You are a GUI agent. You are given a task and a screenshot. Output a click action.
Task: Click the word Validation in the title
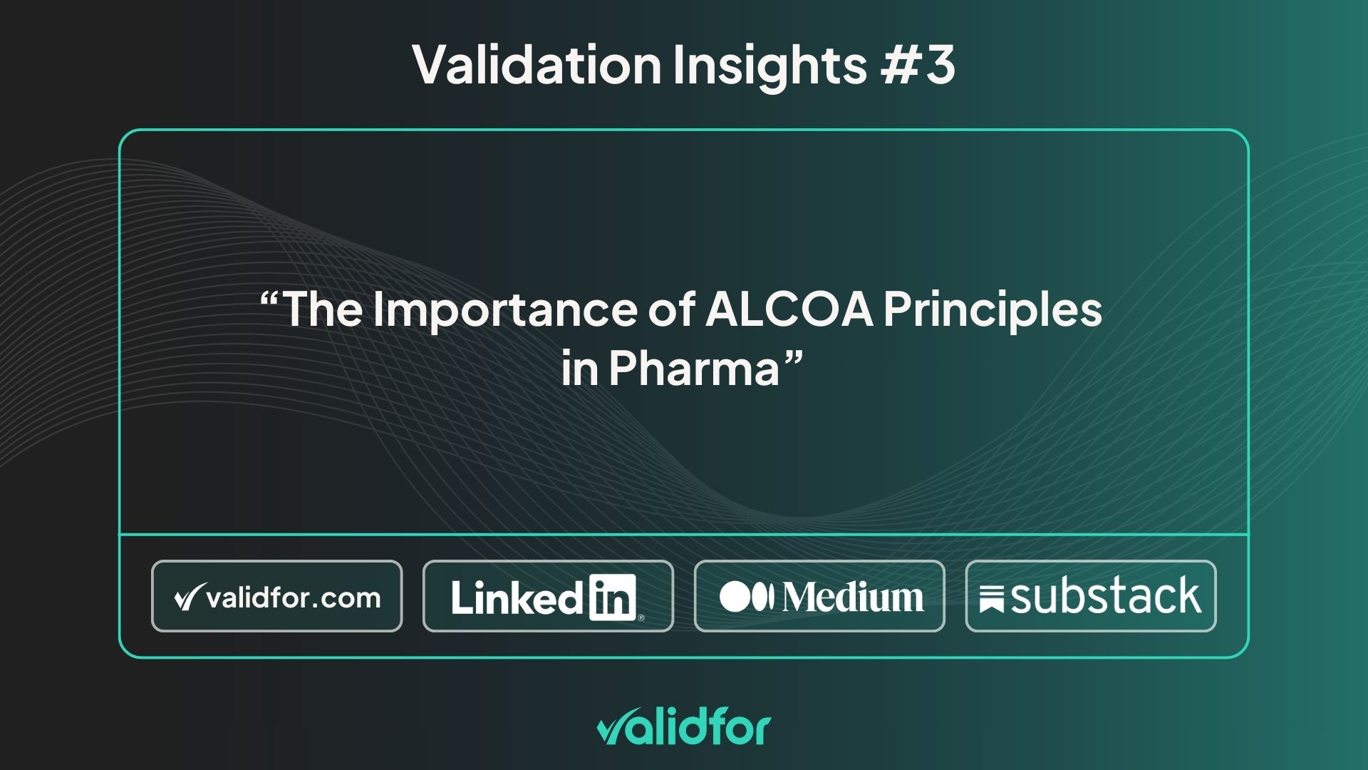[537, 65]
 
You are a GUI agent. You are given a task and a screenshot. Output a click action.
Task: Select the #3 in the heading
[918, 65]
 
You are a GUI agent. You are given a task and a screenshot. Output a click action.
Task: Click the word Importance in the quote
[504, 310]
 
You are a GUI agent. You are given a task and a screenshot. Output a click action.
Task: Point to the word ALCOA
[789, 309]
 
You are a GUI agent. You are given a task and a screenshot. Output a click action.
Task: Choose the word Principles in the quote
[993, 310]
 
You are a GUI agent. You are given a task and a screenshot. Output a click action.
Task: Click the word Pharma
[694, 369]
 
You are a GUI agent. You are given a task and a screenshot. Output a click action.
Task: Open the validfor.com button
[277, 596]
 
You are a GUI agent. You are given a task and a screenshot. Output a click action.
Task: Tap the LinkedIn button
[548, 596]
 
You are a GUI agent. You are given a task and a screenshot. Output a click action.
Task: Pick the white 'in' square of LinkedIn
[612, 597]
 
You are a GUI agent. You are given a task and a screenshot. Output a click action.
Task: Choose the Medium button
[819, 596]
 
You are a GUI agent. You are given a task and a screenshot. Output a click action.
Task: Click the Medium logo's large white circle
[734, 597]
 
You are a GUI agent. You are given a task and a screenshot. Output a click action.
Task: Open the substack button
[1091, 596]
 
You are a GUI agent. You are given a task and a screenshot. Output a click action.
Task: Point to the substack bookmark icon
[991, 600]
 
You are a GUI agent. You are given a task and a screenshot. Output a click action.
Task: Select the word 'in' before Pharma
[579, 369]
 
